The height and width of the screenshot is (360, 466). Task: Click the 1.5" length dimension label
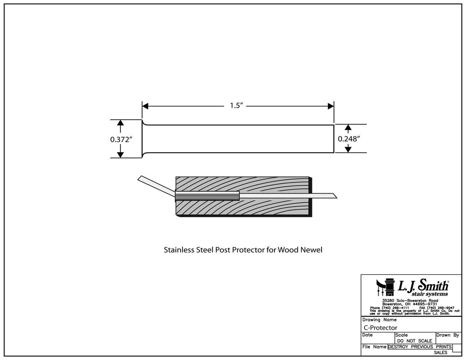236,106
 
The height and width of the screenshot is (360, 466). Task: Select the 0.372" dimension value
121,139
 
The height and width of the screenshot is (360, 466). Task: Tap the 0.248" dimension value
349,139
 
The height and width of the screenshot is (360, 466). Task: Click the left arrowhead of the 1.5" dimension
145,106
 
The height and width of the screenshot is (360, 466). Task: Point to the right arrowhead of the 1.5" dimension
331,106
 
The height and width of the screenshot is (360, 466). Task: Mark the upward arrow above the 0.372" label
121,125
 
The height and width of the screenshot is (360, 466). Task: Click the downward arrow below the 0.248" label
348,149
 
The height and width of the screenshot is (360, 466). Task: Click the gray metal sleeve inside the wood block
207,196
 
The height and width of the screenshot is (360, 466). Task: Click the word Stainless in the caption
177,250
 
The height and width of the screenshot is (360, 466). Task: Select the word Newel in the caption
313,250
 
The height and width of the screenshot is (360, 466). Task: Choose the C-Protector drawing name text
380,328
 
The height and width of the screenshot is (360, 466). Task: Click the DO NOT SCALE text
414,341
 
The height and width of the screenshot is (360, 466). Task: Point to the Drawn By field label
448,335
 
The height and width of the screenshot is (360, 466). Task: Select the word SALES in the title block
441,352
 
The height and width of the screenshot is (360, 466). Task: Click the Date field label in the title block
368,335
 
